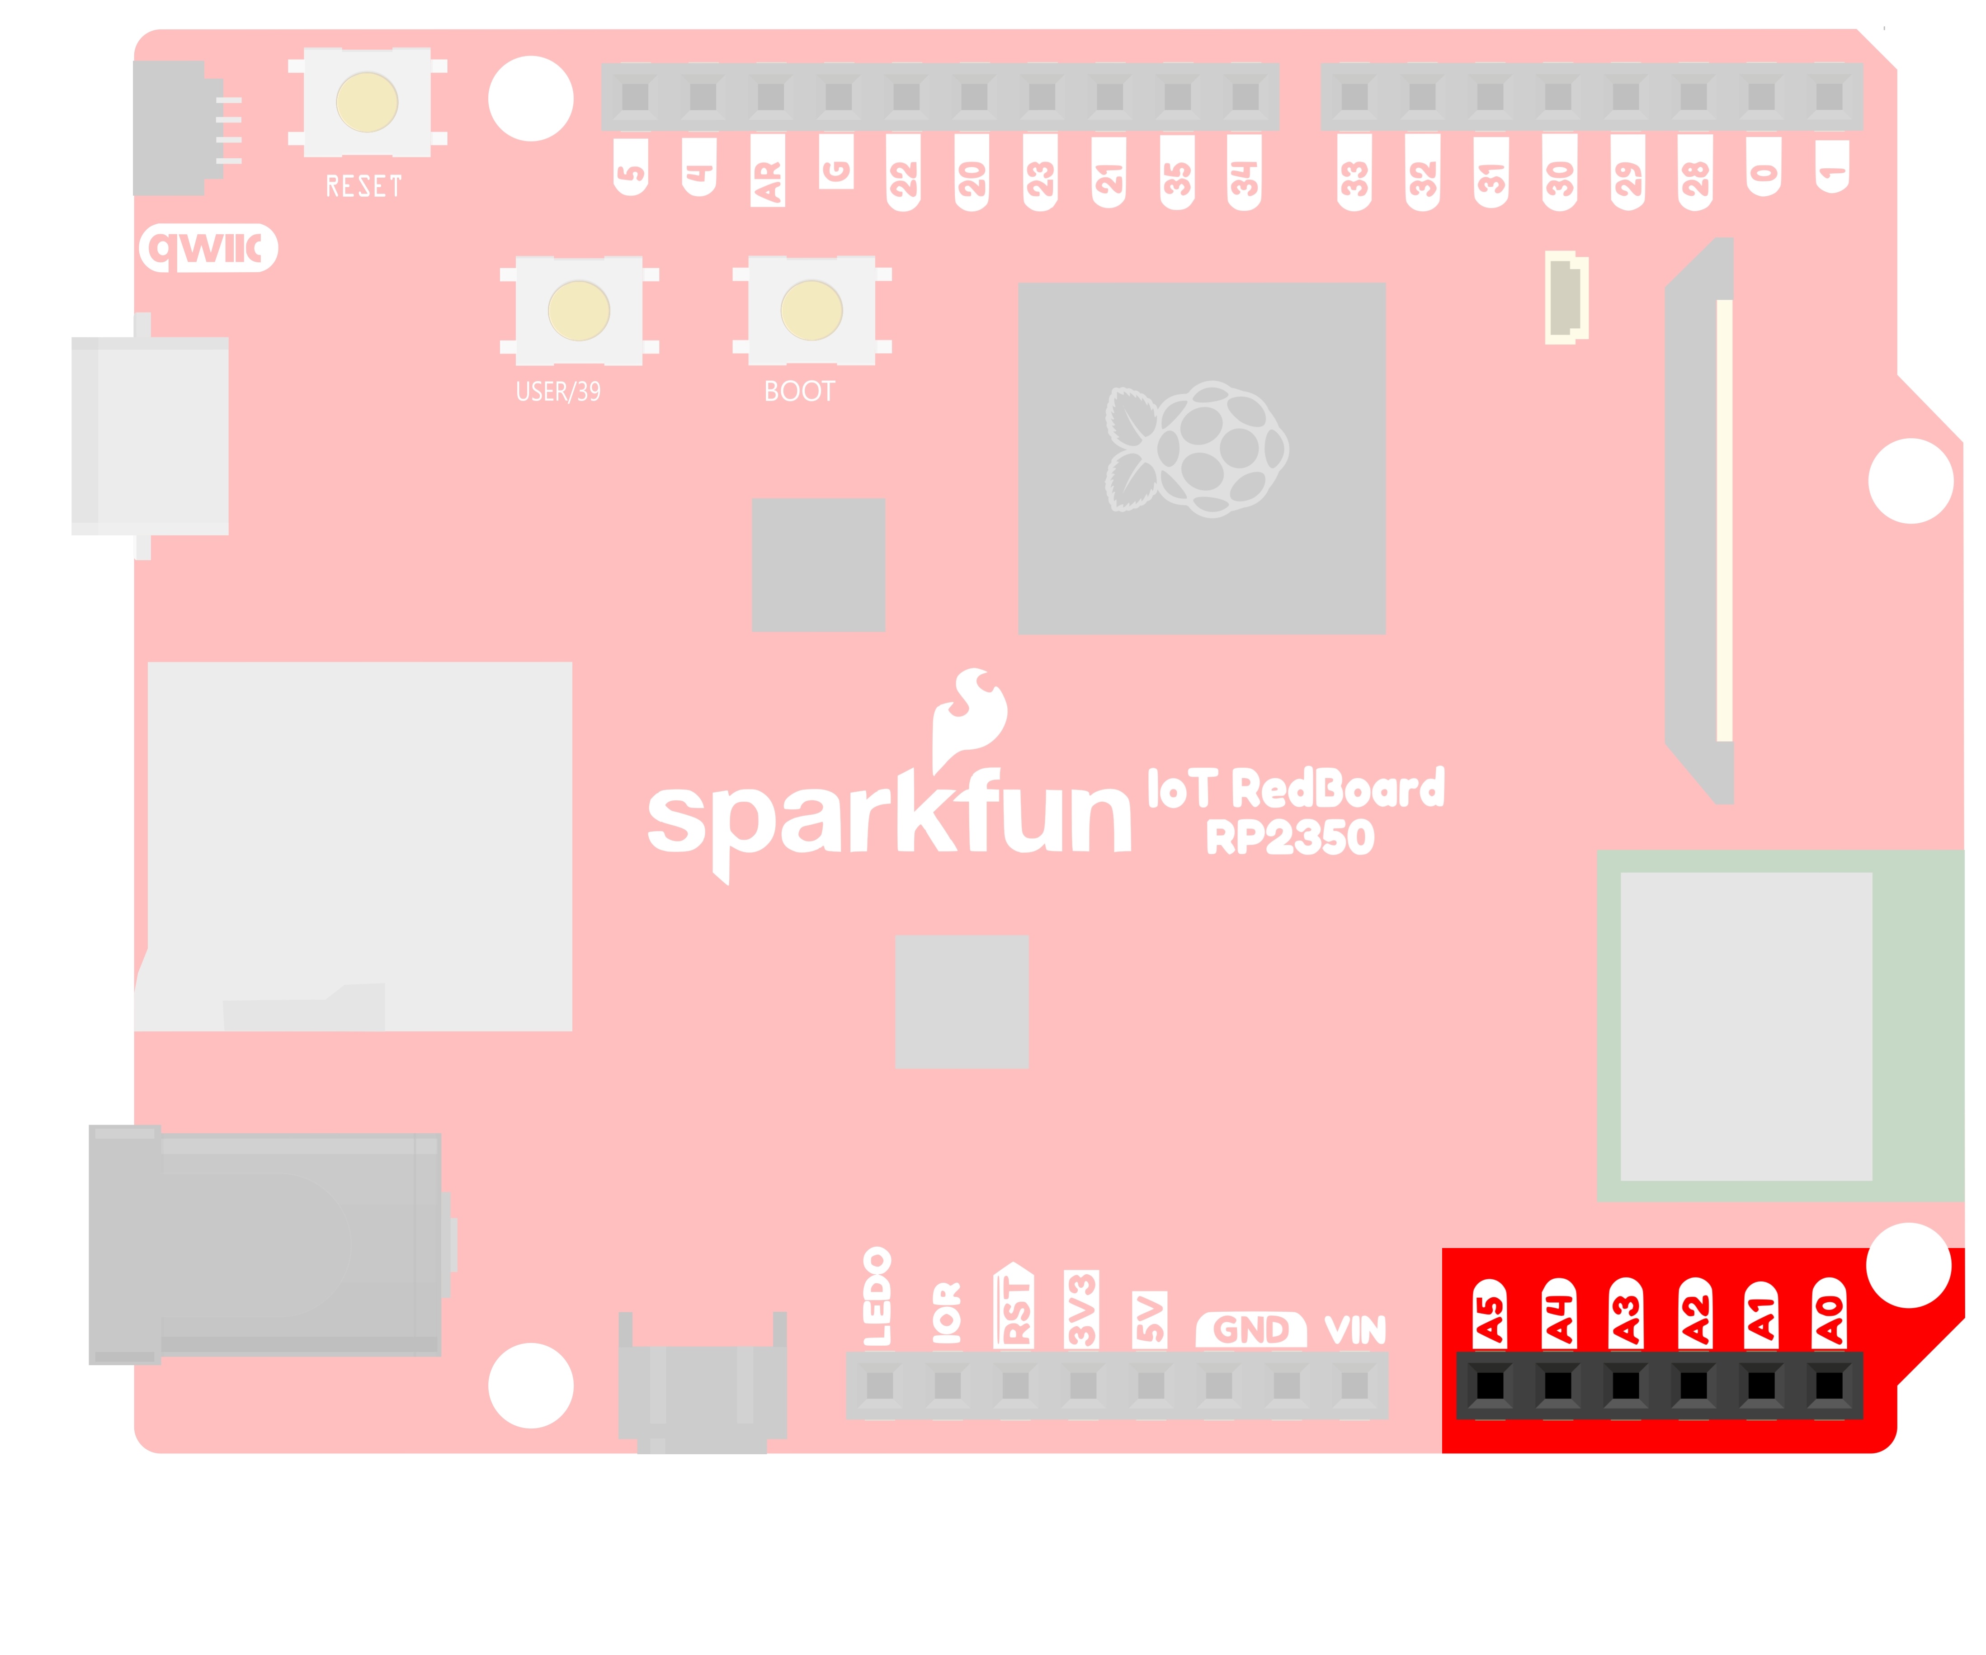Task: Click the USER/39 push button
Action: pos(579,310)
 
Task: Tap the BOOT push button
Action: pos(811,310)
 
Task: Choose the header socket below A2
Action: pos(1694,1385)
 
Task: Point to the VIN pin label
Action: pos(1355,1330)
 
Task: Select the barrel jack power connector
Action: pos(265,1244)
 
